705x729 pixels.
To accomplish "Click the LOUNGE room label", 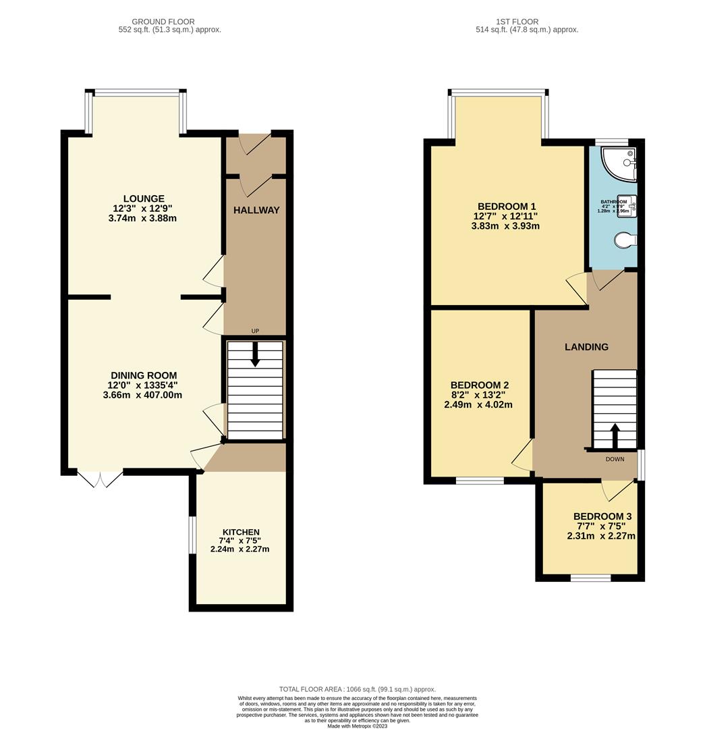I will [x=144, y=198].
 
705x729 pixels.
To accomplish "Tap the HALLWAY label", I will [x=256, y=210].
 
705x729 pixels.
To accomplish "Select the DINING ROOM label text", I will [x=144, y=375].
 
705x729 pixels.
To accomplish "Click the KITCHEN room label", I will [x=239, y=532].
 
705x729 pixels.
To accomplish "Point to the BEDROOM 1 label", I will [x=506, y=206].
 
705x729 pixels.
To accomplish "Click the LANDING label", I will [x=586, y=347].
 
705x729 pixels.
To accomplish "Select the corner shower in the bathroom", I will [x=621, y=163].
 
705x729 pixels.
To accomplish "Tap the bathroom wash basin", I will [x=626, y=202].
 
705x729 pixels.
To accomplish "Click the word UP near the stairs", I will [x=255, y=331].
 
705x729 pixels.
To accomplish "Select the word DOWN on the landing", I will [x=615, y=459].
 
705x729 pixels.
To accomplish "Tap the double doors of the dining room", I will [x=101, y=479].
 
